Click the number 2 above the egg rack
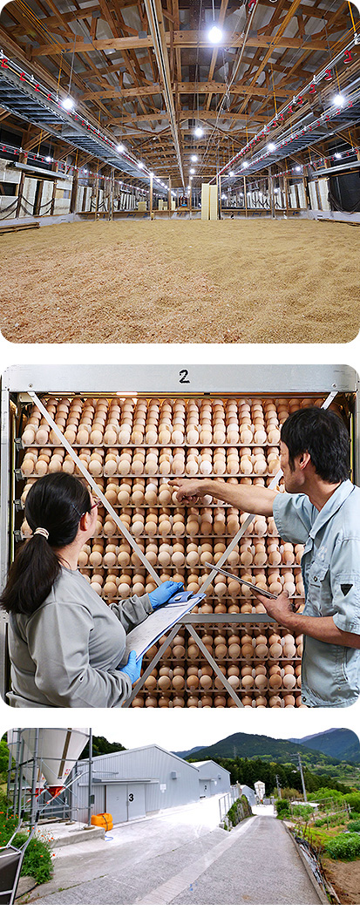click(x=185, y=376)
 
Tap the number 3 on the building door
click(x=131, y=798)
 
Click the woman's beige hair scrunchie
click(x=41, y=533)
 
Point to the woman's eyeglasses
click(x=92, y=504)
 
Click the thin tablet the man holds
click(x=241, y=581)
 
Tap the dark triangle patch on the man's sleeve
click(x=346, y=588)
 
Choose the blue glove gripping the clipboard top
click(x=165, y=593)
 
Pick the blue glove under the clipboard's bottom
click(x=132, y=665)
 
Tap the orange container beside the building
click(x=101, y=821)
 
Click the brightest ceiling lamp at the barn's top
click(x=214, y=35)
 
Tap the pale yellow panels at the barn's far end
click(x=208, y=201)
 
